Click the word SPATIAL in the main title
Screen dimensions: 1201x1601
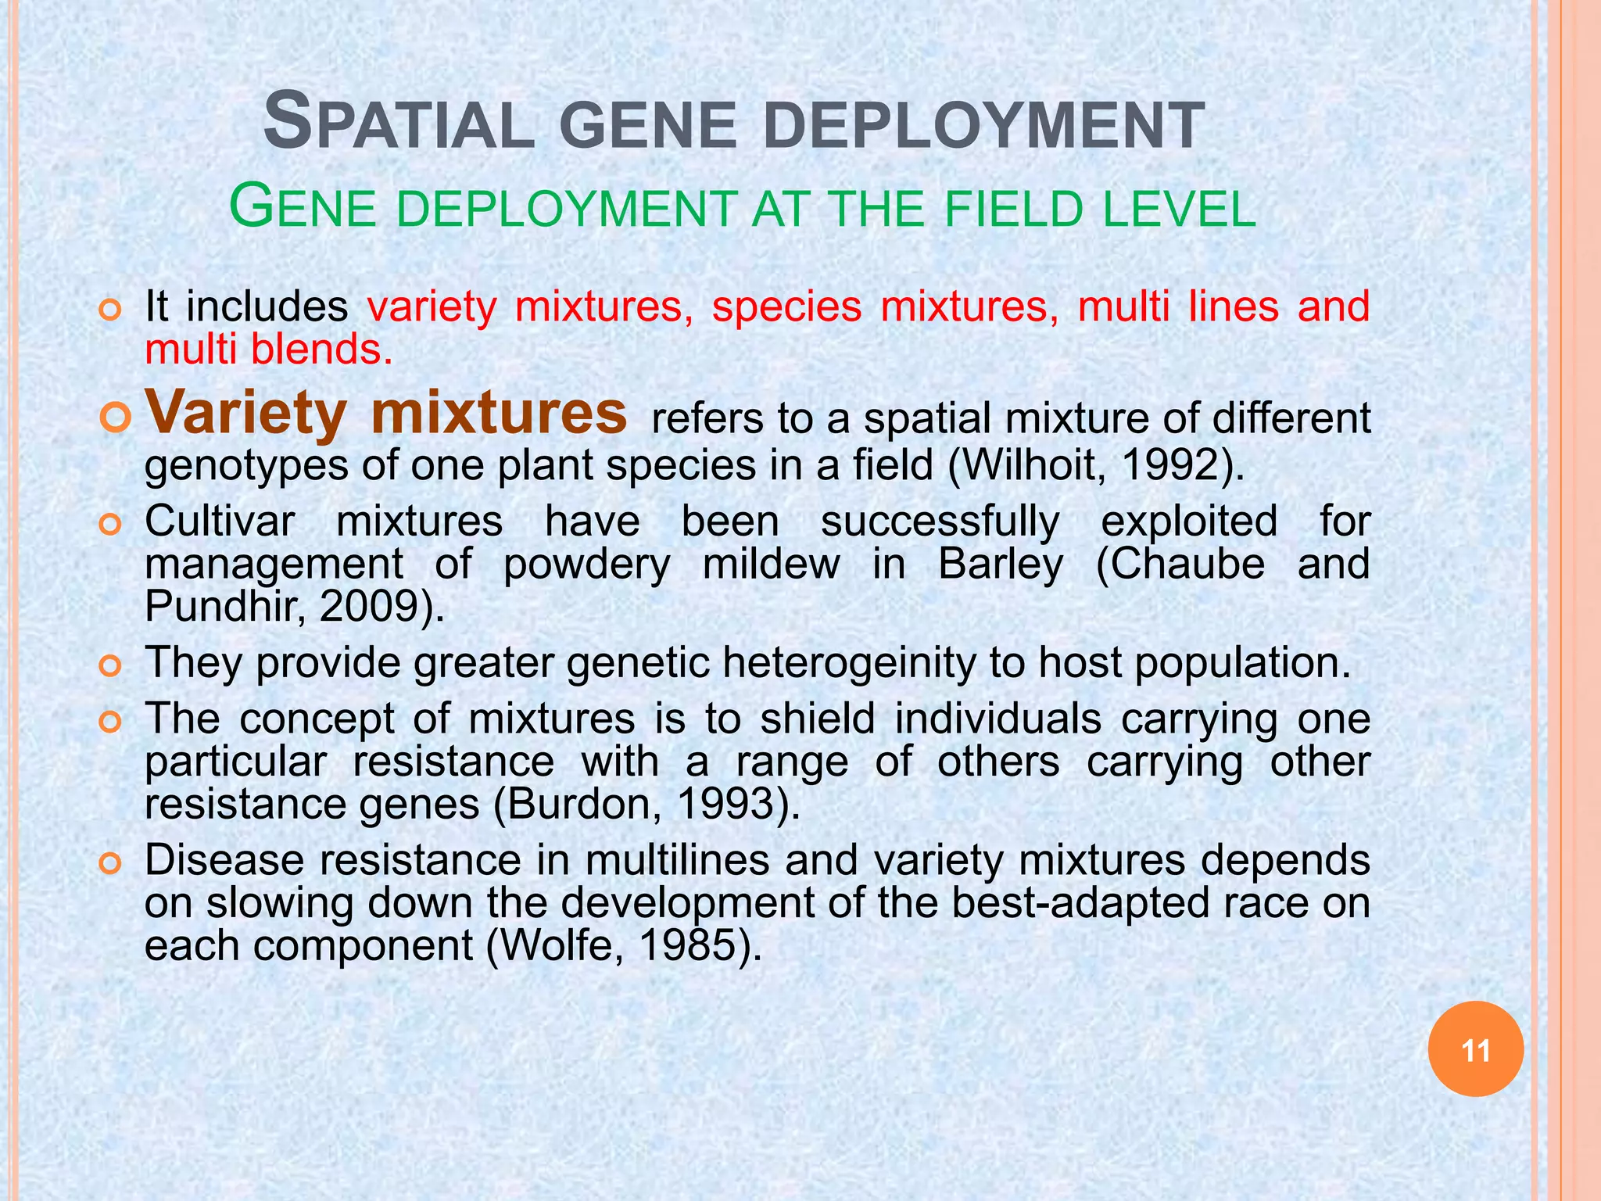(x=399, y=124)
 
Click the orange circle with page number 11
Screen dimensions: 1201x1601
(x=1475, y=1049)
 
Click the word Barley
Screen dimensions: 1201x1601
(x=1001, y=564)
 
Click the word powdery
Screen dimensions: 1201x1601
(x=586, y=564)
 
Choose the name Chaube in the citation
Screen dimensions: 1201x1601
(x=1180, y=564)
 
